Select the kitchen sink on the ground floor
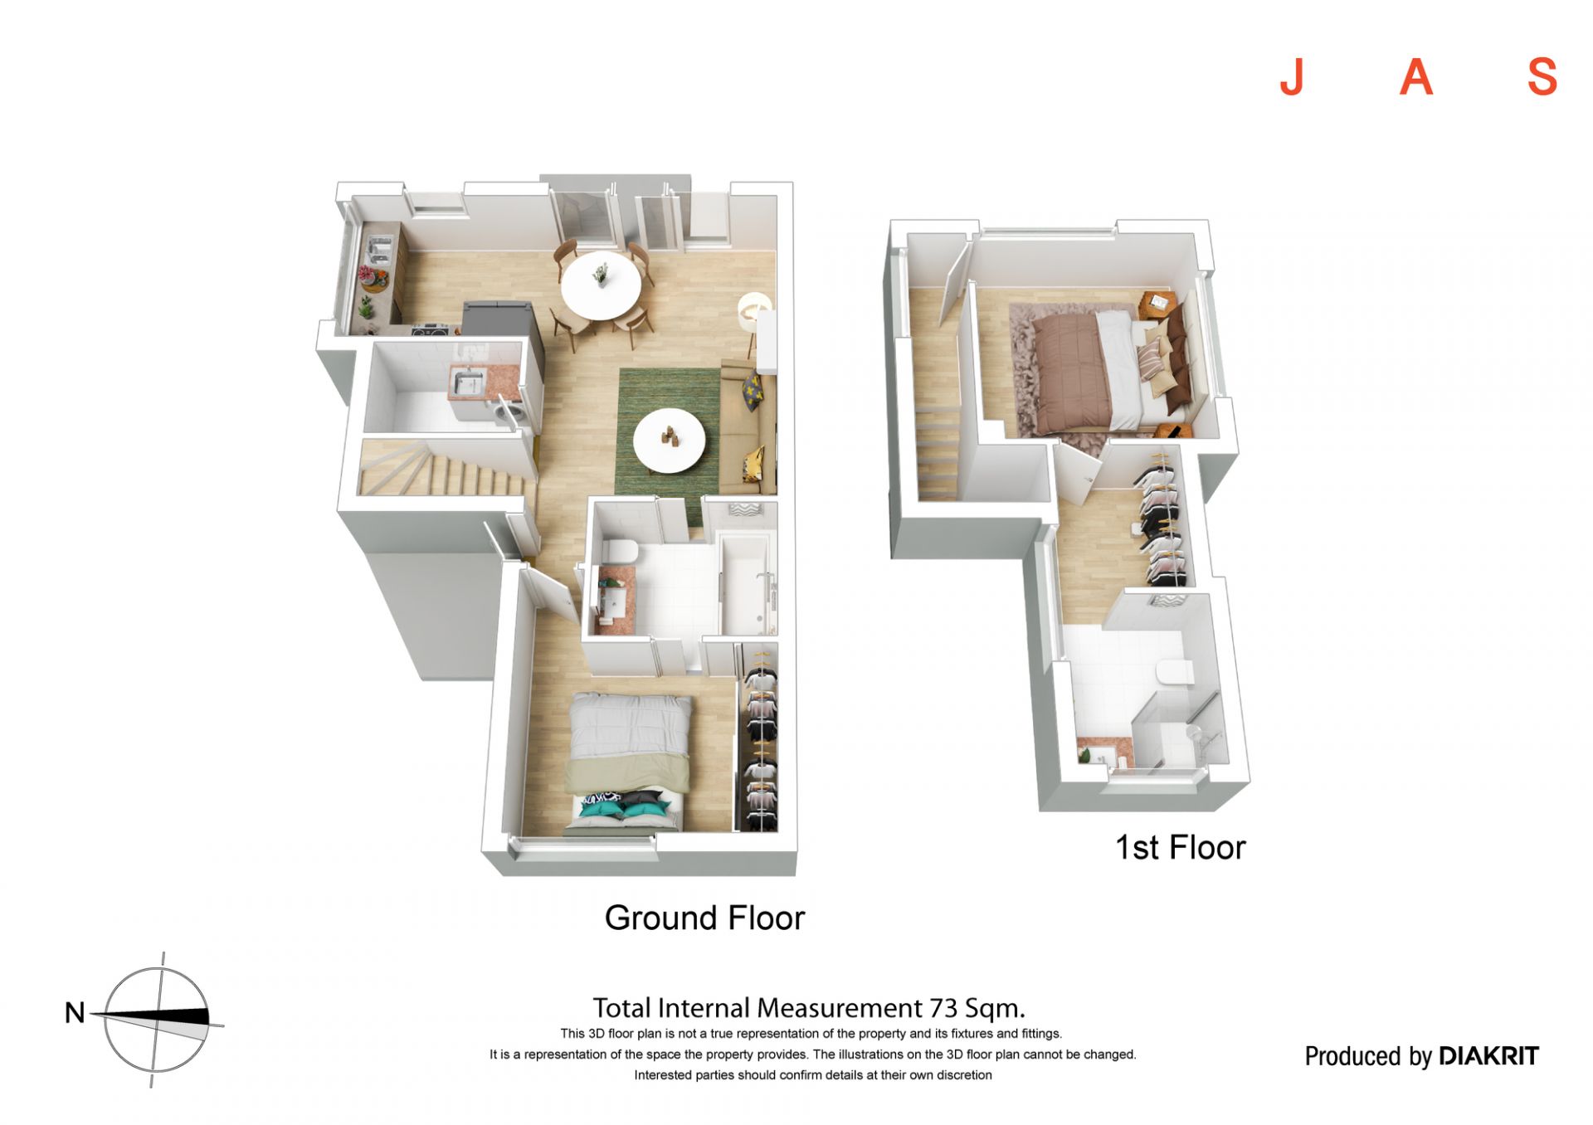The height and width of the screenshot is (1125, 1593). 379,249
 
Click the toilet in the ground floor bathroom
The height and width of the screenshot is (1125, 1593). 618,551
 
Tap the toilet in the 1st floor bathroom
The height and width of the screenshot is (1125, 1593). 1174,672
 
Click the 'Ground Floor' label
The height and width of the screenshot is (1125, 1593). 704,918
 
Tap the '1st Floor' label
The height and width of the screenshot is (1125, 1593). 1180,847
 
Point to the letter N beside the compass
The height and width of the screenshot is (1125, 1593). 75,1012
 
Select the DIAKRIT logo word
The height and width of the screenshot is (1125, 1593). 1488,1056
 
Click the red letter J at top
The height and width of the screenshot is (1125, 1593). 1292,78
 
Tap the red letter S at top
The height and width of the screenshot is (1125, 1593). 1542,78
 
